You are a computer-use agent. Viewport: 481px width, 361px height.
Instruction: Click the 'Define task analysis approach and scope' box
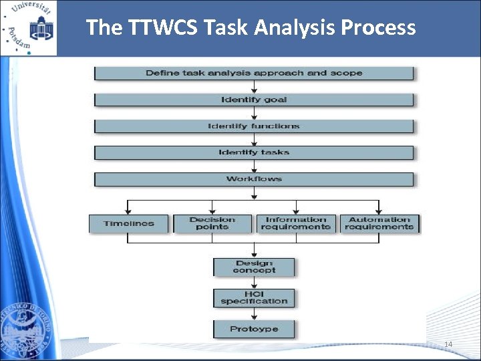(x=254, y=73)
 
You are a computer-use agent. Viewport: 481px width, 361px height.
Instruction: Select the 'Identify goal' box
(x=254, y=100)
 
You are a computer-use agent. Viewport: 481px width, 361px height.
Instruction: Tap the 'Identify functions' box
(x=254, y=126)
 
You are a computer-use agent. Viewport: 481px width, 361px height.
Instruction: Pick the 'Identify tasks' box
(x=254, y=152)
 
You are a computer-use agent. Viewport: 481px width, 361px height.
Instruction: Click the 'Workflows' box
(x=254, y=179)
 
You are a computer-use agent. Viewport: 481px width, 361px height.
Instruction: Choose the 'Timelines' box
(x=129, y=223)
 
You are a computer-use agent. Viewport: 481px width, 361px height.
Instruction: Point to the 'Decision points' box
(x=212, y=223)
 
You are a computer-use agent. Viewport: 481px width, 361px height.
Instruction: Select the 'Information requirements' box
(x=296, y=223)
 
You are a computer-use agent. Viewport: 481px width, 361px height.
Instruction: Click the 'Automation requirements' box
(x=379, y=223)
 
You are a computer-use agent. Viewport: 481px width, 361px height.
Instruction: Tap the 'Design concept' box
(x=254, y=267)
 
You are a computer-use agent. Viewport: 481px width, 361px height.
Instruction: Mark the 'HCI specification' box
(x=254, y=297)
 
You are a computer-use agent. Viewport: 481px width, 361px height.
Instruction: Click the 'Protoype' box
(x=254, y=329)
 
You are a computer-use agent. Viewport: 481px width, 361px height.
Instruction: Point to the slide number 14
(x=448, y=344)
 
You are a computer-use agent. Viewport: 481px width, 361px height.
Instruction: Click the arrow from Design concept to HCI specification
(x=254, y=283)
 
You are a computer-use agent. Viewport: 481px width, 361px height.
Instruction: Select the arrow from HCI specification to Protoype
(x=254, y=314)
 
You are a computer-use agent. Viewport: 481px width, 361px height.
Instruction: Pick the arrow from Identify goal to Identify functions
(x=254, y=113)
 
